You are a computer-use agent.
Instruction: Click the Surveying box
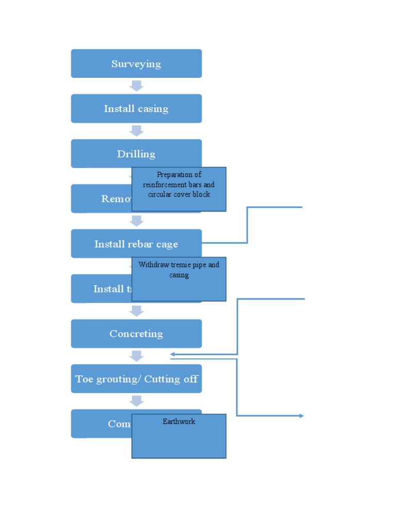coord(136,63)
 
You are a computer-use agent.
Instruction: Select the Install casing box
coord(136,108)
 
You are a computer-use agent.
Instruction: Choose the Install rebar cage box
coord(136,243)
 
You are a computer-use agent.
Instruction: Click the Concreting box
coord(136,334)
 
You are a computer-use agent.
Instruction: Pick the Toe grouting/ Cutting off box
coord(136,378)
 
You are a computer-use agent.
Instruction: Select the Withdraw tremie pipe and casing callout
coord(179,279)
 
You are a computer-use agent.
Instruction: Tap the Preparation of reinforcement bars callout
coord(179,189)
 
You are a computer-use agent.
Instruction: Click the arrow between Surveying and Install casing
coord(136,86)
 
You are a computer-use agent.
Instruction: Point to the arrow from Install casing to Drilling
coord(136,130)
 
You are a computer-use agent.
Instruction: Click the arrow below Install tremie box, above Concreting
coord(136,310)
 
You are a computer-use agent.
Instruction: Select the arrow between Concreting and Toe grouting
coord(136,356)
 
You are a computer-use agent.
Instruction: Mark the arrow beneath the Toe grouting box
coord(136,401)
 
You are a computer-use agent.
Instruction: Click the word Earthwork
coord(179,421)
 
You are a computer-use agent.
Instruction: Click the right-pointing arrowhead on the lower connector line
coord(301,416)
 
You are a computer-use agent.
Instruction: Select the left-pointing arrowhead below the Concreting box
coord(173,354)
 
